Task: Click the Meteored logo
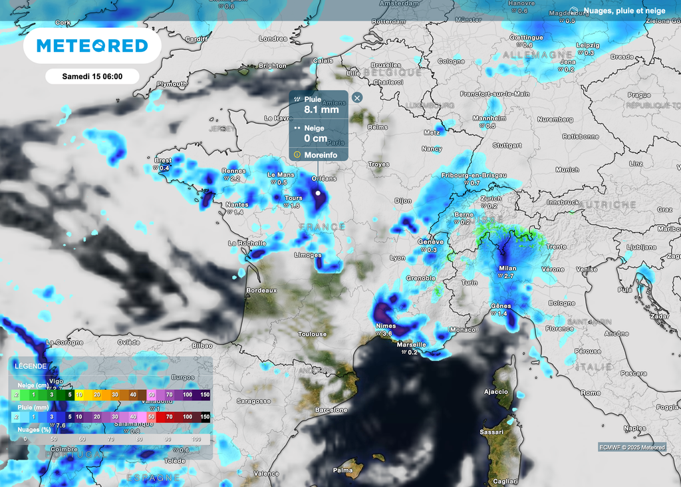pos(92,46)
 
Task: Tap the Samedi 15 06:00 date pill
pos(92,76)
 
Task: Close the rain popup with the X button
pos(357,98)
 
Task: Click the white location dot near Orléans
pos(318,193)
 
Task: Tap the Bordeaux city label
pos(261,291)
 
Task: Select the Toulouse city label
pos(312,334)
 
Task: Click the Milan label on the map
pos(507,269)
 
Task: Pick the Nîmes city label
pos(386,326)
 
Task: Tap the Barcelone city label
pos(331,410)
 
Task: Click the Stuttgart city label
pos(507,144)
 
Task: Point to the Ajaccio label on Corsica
pos(495,392)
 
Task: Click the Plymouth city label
pos(172,84)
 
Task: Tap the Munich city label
pos(567,170)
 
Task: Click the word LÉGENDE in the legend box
pos(31,366)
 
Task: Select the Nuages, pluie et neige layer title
pos(624,11)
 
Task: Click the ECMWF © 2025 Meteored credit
pos(631,447)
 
